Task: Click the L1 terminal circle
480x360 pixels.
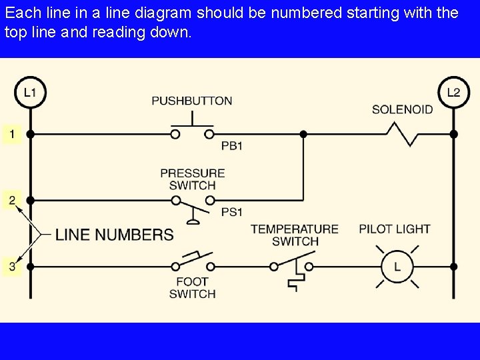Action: point(30,92)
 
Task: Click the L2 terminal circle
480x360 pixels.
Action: point(453,92)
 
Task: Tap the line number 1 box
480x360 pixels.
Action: point(11,134)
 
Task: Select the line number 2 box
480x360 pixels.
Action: point(11,199)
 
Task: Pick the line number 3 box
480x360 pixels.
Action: point(11,267)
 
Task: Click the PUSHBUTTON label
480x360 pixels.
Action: point(192,101)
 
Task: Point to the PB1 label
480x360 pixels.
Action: point(231,146)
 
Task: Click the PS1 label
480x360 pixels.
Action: point(231,213)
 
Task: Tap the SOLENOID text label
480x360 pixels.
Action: point(402,109)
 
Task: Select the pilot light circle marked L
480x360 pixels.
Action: point(397,267)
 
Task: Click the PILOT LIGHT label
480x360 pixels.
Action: point(395,229)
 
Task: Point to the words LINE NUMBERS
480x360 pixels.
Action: point(114,235)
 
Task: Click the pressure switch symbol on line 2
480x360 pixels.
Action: point(193,202)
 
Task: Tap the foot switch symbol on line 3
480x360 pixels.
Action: point(193,263)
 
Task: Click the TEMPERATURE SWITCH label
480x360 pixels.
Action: point(295,235)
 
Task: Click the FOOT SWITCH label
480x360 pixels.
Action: point(192,287)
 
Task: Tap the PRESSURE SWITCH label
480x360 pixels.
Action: point(192,179)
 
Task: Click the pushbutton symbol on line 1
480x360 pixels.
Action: point(193,129)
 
